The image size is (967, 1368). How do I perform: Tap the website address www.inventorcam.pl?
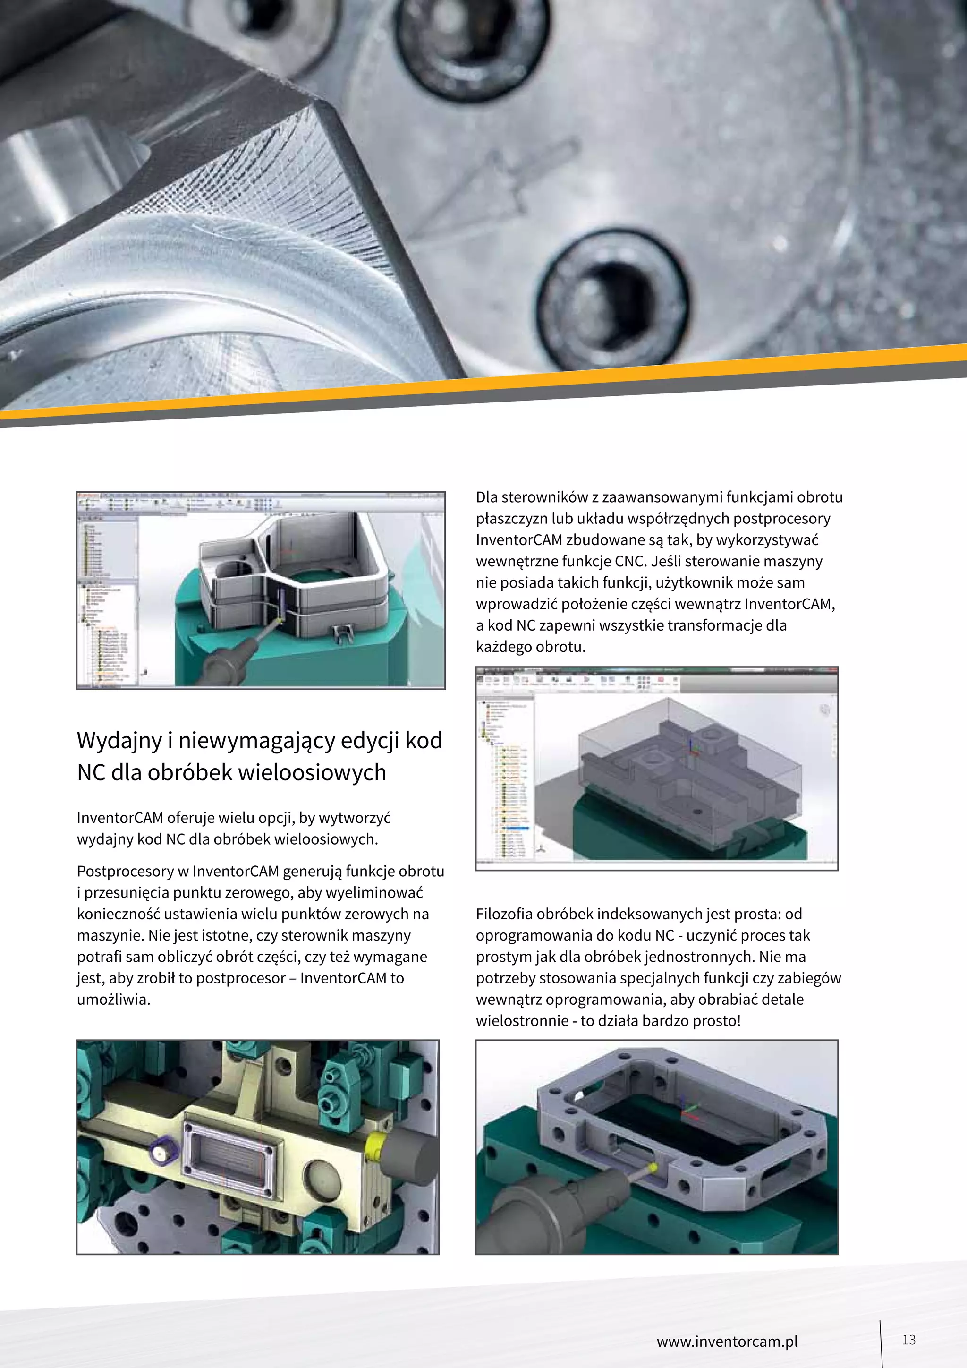coord(727,1341)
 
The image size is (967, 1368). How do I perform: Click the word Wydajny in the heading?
coord(119,741)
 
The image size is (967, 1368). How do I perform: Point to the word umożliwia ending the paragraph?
coord(112,999)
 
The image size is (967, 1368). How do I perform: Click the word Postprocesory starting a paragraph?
coord(125,871)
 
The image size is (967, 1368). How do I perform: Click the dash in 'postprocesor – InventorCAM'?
coord(292,978)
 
